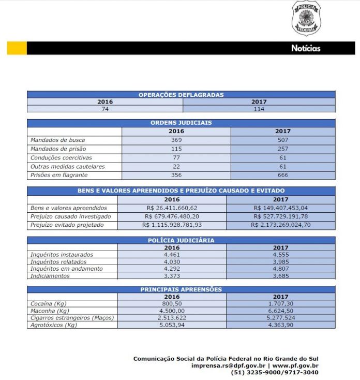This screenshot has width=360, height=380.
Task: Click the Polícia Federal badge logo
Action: pyautogui.click(x=306, y=18)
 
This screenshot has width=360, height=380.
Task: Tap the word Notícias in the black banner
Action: pyautogui.click(x=306, y=48)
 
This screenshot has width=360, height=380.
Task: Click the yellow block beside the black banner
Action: pyautogui.click(x=17, y=48)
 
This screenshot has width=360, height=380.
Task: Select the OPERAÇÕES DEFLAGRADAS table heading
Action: pyautogui.click(x=181, y=95)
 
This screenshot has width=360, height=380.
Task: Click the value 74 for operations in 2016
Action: pyautogui.click(x=105, y=109)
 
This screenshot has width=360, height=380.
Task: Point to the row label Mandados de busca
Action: pyautogui.click(x=57, y=140)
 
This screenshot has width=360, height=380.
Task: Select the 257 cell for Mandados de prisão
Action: pyautogui.click(x=283, y=149)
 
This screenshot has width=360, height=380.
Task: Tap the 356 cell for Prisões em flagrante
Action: pyautogui.click(x=176, y=176)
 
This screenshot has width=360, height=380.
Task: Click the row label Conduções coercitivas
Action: pyautogui.click(x=61, y=158)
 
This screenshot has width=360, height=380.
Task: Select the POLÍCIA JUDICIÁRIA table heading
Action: pyautogui.click(x=181, y=240)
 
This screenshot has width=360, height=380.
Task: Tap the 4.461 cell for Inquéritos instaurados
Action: pyautogui.click(x=172, y=255)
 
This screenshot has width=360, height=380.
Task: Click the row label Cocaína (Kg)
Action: pyautogui.click(x=49, y=303)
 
